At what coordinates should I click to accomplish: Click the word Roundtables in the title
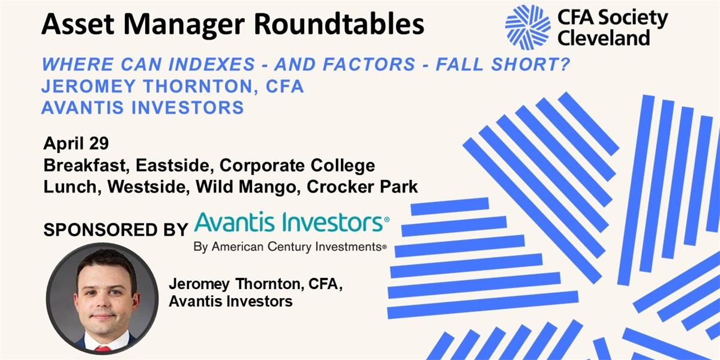pyautogui.click(x=339, y=24)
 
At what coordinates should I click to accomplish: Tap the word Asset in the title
pyautogui.click(x=78, y=25)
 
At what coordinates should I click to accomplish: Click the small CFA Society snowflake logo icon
pyautogui.click(x=527, y=27)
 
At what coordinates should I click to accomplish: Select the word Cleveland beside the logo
pyautogui.click(x=604, y=38)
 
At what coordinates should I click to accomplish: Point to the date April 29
pyautogui.click(x=76, y=143)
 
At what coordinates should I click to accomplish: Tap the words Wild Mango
pyautogui.click(x=246, y=187)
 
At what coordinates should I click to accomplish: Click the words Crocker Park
pyautogui.click(x=362, y=187)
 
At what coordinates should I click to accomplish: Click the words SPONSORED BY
pyautogui.click(x=116, y=230)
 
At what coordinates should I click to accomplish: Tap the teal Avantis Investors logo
pyautogui.click(x=292, y=222)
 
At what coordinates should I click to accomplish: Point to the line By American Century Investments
pyautogui.click(x=290, y=247)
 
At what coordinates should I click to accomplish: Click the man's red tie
pyautogui.click(x=102, y=349)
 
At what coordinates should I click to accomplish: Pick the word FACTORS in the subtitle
pyautogui.click(x=369, y=64)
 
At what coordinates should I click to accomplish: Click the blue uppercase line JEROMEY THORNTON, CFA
pyautogui.click(x=173, y=86)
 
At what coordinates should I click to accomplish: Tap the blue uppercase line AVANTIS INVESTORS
pyautogui.click(x=143, y=107)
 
